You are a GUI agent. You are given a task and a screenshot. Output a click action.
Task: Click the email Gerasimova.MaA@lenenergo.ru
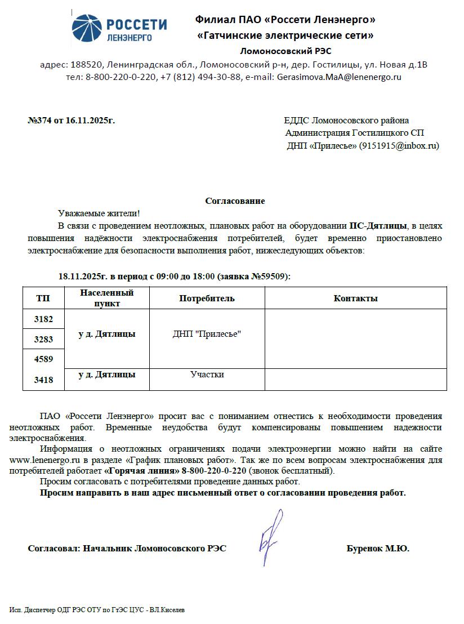pyautogui.click(x=339, y=77)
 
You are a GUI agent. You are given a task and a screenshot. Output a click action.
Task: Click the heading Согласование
pyautogui.click(x=235, y=201)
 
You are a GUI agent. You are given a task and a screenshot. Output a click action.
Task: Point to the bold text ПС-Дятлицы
pyautogui.click(x=378, y=226)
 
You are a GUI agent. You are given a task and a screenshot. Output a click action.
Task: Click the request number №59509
pyautogui.click(x=270, y=277)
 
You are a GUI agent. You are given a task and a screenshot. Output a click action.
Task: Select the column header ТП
pyautogui.click(x=43, y=298)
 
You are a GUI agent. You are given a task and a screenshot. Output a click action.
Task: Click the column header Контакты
pyautogui.click(x=355, y=298)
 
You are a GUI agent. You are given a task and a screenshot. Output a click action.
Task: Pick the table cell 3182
pyautogui.click(x=43, y=319)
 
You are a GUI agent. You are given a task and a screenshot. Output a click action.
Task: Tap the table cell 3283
pyautogui.click(x=43, y=340)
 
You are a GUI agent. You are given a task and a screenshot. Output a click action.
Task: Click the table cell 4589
pyautogui.click(x=43, y=359)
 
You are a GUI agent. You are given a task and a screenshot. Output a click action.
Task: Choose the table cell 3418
pyautogui.click(x=43, y=380)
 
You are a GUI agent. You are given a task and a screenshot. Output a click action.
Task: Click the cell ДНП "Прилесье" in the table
pyautogui.click(x=207, y=335)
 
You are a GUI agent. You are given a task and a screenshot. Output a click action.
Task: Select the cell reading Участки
pyautogui.click(x=207, y=375)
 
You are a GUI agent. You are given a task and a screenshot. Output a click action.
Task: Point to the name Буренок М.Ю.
pyautogui.click(x=378, y=549)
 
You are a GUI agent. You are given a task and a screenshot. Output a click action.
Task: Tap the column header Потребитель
pyautogui.click(x=207, y=298)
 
